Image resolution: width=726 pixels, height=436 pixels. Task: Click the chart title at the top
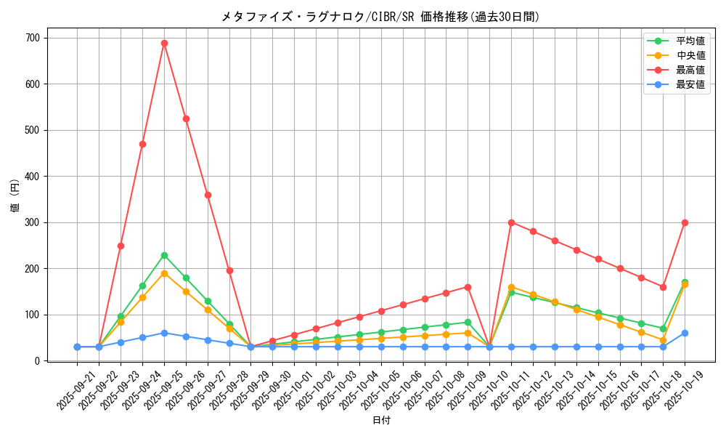coord(380,17)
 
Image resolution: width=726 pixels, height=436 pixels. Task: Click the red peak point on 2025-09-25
coord(164,43)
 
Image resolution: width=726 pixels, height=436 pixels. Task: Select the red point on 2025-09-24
coord(142,144)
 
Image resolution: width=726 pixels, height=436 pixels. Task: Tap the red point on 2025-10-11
coord(511,222)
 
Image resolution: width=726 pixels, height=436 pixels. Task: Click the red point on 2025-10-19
coord(685,222)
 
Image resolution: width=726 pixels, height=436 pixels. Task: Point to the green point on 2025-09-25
coord(164,255)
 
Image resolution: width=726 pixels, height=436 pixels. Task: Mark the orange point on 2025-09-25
coord(164,273)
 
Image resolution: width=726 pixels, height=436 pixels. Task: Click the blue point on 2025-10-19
coord(685,333)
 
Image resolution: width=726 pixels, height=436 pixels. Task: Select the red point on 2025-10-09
coord(468,287)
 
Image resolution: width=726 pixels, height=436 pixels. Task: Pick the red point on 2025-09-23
coord(121,246)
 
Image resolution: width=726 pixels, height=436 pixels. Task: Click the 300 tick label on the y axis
coord(32,222)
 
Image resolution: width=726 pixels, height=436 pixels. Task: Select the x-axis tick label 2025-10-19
coord(685,390)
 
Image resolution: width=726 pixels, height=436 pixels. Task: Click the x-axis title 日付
coord(381,421)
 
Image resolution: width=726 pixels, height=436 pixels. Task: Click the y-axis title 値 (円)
coord(15,197)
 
